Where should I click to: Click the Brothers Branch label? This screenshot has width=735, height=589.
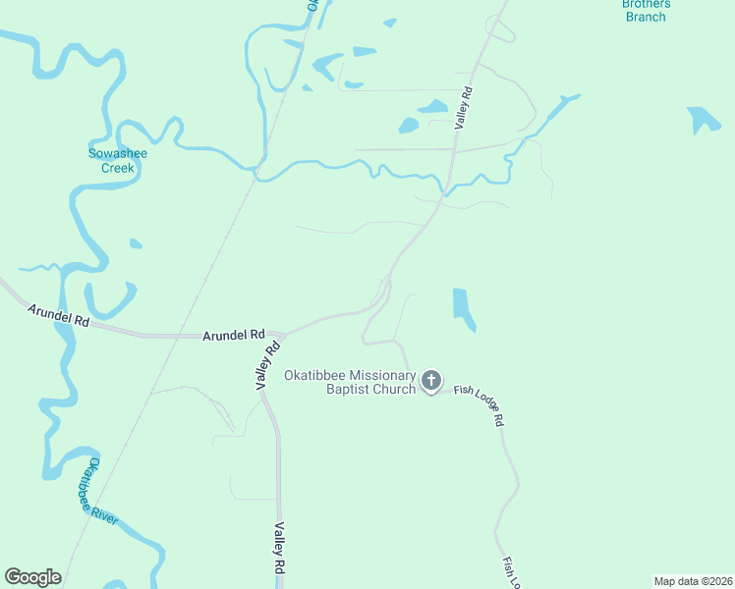click(x=646, y=10)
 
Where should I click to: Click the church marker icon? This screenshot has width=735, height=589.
click(x=431, y=381)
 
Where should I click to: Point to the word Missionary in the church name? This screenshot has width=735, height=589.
click(x=378, y=375)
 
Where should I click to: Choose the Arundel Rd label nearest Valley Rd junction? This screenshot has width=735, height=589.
click(x=234, y=335)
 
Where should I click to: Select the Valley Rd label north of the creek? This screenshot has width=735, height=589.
click(x=464, y=108)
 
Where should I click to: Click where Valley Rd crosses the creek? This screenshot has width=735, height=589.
click(x=447, y=187)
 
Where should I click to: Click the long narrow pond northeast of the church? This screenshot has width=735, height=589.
click(x=463, y=308)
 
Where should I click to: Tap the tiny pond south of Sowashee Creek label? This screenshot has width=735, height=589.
click(x=136, y=242)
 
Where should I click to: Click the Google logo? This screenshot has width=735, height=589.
click(x=33, y=577)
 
